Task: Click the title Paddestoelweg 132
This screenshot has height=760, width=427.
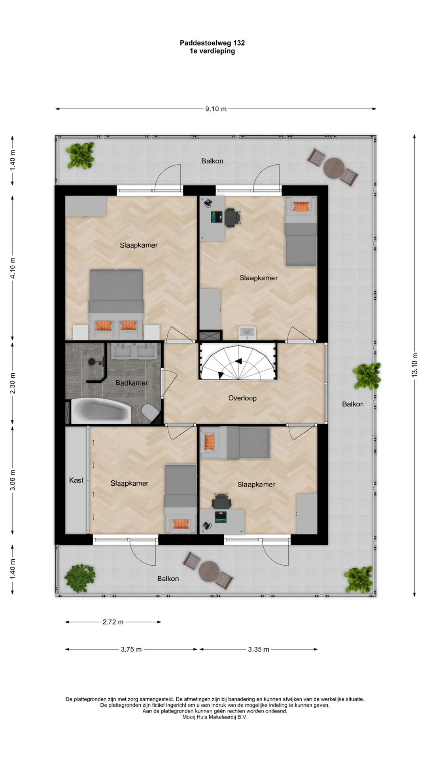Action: [212, 43]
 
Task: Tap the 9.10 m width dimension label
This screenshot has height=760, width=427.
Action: [216, 109]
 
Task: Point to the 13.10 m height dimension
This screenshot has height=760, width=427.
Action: [415, 365]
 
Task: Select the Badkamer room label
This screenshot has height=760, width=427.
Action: [132, 383]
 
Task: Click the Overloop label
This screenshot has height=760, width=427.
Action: [242, 398]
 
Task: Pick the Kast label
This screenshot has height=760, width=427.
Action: [76, 480]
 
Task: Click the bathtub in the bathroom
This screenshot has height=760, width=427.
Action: [101, 411]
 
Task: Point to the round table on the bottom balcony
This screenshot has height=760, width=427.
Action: [209, 572]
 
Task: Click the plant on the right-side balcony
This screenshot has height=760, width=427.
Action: [367, 376]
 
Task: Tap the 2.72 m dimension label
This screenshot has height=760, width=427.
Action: [113, 622]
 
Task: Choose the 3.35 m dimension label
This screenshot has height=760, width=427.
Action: [259, 649]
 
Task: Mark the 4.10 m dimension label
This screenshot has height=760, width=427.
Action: [13, 268]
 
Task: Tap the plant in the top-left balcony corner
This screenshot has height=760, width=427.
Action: [81, 156]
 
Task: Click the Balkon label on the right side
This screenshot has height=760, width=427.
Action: [353, 404]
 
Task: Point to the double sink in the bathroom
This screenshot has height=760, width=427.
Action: [134, 351]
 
